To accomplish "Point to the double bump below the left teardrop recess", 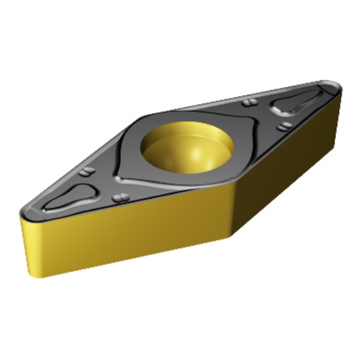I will (x=119, y=198).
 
